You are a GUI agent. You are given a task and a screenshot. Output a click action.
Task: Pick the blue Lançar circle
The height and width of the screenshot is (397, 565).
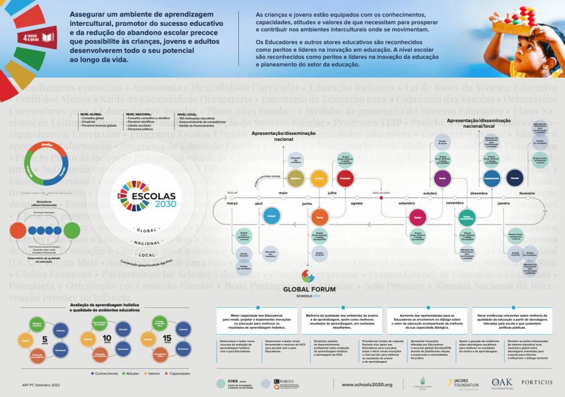click(271, 216)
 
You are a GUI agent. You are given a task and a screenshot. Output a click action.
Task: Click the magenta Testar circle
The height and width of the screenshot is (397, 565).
click(418, 218)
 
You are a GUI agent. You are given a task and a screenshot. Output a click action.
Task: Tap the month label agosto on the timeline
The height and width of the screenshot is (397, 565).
click(356, 203)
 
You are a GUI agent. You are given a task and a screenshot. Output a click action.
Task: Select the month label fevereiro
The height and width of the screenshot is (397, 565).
click(527, 194)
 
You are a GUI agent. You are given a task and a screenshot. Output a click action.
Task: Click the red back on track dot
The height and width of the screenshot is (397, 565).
click(381, 198)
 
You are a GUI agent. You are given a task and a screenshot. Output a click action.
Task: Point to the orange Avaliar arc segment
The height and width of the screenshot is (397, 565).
click(46, 148)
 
